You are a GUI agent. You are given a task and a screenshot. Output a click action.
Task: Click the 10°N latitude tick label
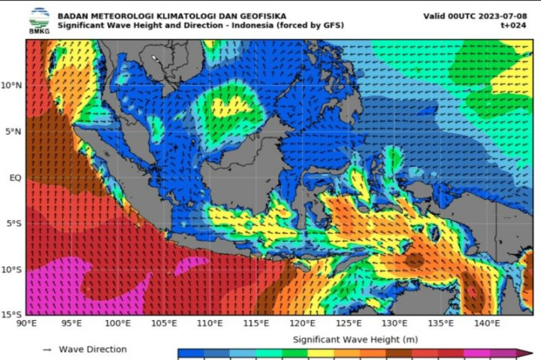11,86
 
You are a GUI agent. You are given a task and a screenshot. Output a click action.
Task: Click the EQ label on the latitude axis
14,178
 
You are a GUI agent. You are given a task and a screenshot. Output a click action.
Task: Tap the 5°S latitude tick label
13,224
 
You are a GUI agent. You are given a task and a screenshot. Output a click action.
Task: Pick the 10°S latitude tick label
11,270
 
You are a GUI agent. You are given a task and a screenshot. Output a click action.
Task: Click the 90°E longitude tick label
26,324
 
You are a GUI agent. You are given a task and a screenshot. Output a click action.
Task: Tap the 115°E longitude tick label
256,324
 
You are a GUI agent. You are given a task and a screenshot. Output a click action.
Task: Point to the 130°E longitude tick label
394,324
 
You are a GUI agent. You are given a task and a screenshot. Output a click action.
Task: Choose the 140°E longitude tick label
487,324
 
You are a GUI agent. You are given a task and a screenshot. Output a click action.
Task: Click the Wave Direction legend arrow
47,349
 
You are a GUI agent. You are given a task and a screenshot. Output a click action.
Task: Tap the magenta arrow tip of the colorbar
528,353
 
